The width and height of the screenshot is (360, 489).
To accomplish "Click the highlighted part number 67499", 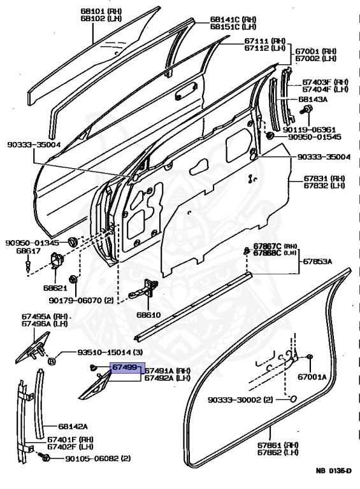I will (124, 368).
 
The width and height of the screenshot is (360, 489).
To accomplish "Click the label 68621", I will (56, 288).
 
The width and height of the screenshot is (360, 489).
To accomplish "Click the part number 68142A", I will (73, 427).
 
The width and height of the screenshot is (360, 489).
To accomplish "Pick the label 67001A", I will (312, 377).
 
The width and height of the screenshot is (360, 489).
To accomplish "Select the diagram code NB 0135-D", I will (333, 471).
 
